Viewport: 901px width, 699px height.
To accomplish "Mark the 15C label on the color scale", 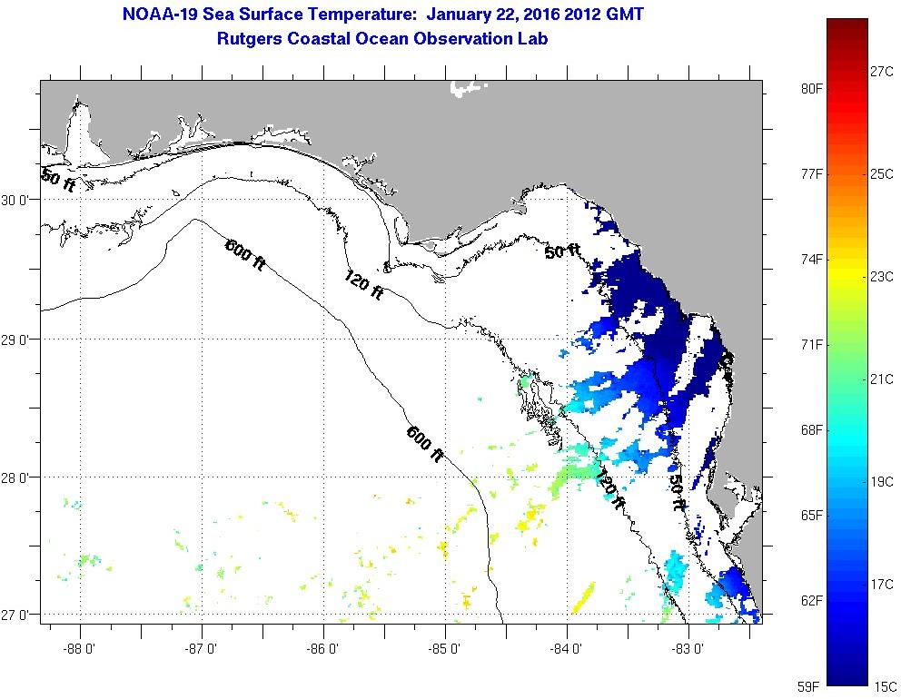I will point(883,686).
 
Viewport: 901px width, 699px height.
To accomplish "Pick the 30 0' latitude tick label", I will point(18,201).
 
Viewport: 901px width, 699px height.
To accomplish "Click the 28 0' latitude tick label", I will point(18,477).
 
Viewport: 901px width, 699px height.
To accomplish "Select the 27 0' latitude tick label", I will point(18,615).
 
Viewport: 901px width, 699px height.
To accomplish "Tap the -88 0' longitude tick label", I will point(80,649).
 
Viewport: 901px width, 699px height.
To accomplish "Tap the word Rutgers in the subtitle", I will point(251,39).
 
